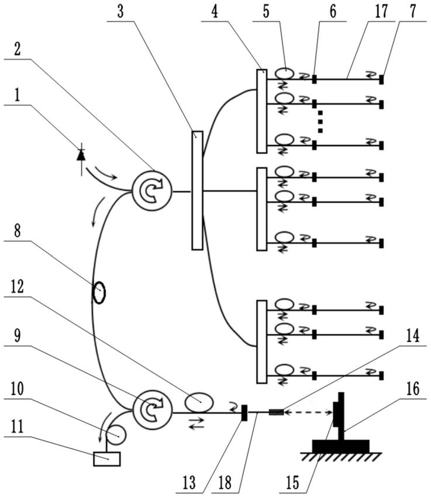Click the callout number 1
(x=18, y=95)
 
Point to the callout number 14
(x=413, y=336)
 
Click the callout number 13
(x=189, y=482)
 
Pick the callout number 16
(x=413, y=388)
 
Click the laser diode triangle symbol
(x=81, y=156)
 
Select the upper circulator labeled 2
(x=152, y=191)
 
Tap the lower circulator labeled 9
(x=152, y=410)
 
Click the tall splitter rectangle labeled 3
(x=197, y=191)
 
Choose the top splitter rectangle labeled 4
(x=261, y=111)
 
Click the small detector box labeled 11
(x=107, y=459)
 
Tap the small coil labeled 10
(x=116, y=435)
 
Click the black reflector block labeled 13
(x=244, y=413)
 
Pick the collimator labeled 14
(x=276, y=412)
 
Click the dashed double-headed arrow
(x=308, y=412)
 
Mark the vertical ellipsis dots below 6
(x=320, y=122)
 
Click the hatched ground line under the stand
(x=341, y=457)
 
